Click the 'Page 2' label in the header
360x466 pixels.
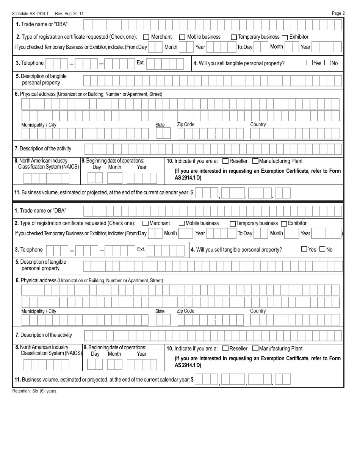338,13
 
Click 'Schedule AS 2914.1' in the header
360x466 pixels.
30,14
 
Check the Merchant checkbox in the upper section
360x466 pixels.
146,37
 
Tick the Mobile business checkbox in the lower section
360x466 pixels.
182,224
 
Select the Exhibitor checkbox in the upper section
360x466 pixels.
285,37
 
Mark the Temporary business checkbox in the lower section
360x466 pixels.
233,224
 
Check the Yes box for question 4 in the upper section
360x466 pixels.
309,63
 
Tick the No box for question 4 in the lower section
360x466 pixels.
322,249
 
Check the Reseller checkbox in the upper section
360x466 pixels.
225,161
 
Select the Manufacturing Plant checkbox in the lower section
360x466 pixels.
255,349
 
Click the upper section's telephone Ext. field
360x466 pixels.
165,64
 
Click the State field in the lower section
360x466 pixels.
163,320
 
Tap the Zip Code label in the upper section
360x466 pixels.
185,124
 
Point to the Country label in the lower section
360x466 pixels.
258,311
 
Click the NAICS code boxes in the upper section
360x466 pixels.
46,178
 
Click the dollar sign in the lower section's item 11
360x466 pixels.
192,380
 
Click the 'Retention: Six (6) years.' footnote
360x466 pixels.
35,391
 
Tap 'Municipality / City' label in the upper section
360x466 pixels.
39,125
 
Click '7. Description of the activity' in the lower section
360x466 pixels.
43,335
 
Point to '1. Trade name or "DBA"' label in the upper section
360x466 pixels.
42,24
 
